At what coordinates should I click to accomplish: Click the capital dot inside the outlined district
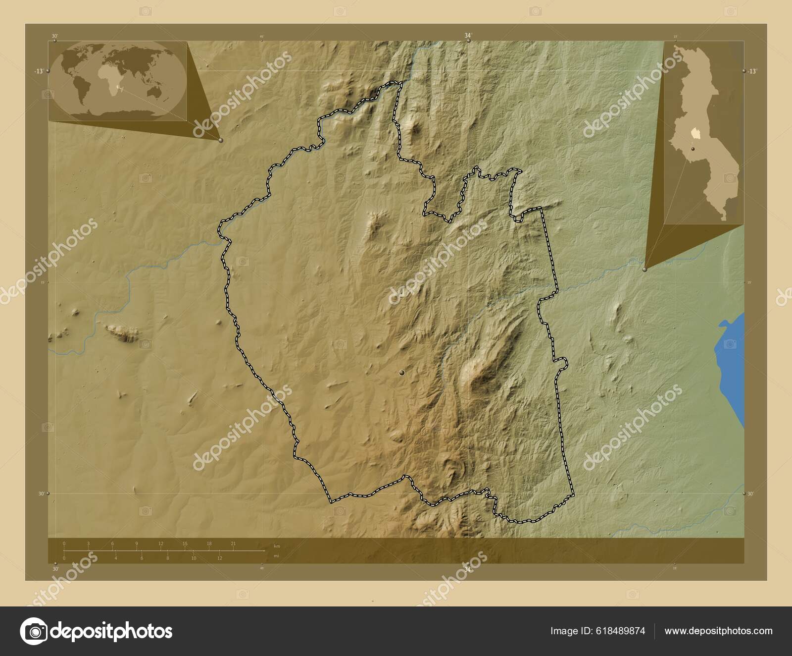[402, 372]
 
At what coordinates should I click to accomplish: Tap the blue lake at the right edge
[732, 367]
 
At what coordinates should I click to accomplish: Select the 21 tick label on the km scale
[233, 544]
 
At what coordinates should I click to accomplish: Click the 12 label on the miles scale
[219, 558]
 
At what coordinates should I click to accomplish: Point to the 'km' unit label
[277, 546]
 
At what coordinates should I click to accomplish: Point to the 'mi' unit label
[276, 555]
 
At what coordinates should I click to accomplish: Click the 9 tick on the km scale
[137, 544]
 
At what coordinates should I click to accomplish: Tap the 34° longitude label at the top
[468, 35]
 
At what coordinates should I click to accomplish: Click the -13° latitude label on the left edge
[39, 71]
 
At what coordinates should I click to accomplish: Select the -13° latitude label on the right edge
[751, 71]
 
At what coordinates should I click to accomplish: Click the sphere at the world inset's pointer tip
[221, 141]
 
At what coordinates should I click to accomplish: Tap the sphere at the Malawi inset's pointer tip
[644, 270]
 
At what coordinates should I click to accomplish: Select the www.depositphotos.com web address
[718, 631]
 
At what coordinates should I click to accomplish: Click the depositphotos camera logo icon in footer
[33, 632]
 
